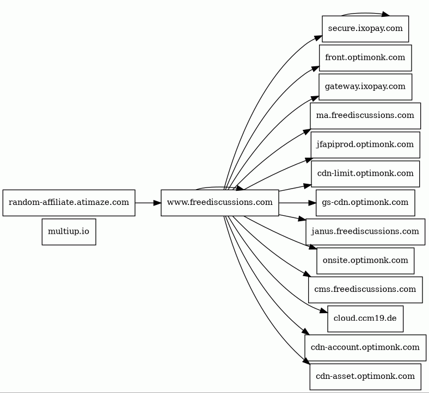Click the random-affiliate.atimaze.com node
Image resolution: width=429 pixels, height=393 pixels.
69,203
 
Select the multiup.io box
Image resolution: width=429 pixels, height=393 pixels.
69,232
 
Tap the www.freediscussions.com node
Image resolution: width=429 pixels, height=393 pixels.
220,203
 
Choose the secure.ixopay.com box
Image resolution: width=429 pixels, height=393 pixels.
365,29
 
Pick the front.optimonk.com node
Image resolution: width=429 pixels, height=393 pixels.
365,58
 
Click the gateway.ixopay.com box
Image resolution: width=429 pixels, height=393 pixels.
365,87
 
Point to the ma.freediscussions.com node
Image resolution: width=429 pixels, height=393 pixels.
365,116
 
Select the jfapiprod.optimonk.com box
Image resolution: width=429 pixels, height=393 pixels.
365,145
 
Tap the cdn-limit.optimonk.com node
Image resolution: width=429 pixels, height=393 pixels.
365,174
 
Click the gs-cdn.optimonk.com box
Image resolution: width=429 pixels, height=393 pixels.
365,203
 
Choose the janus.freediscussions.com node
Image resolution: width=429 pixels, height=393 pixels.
365,232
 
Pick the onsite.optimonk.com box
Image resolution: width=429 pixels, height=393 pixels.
365,260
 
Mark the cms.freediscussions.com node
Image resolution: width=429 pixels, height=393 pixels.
365,290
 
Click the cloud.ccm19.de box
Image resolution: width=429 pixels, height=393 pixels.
365,319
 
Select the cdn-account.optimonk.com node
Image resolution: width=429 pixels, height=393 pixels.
365,347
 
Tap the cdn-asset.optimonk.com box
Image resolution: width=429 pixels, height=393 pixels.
365,376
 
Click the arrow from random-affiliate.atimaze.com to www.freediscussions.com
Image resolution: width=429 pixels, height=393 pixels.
148,203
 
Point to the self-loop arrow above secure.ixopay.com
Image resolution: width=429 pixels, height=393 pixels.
365,13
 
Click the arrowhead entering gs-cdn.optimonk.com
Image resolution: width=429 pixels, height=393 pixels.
312,203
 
